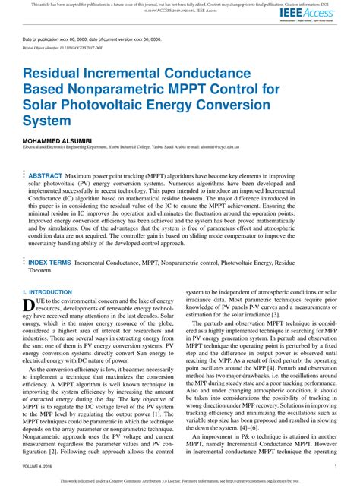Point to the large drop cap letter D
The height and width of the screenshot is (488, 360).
tap(29, 305)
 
